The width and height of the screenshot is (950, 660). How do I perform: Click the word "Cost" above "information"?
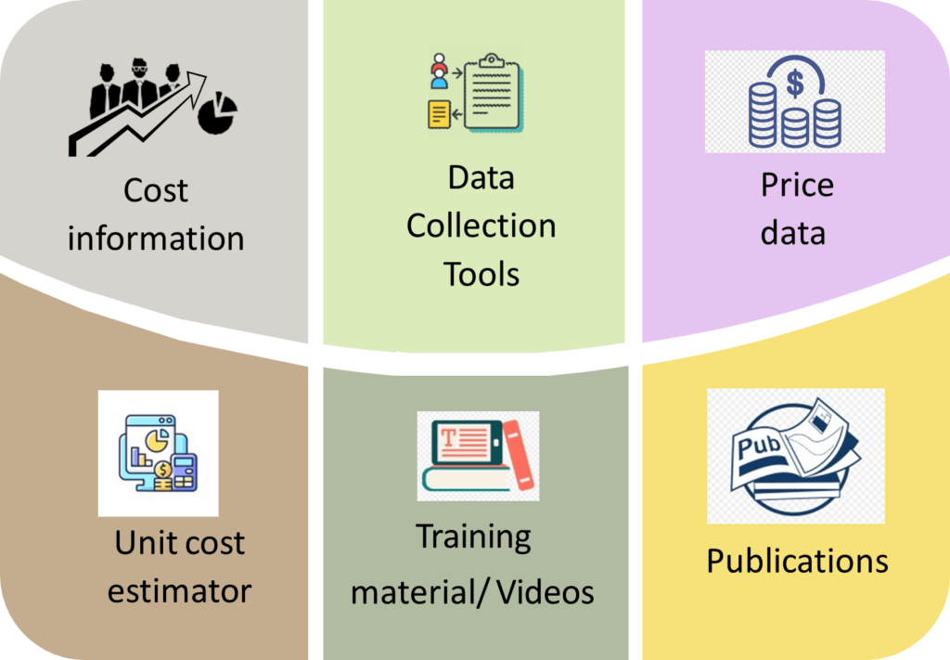click(x=156, y=190)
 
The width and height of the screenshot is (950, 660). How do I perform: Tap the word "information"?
click(x=156, y=239)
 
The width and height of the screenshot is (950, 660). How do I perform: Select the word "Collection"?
click(x=481, y=226)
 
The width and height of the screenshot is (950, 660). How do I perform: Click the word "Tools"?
click(x=481, y=274)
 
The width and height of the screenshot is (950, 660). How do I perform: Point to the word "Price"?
click(x=797, y=185)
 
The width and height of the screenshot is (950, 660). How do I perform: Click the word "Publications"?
click(x=797, y=562)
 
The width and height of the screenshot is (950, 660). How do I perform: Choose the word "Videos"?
click(x=546, y=592)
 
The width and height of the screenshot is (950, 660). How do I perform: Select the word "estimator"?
click(x=179, y=591)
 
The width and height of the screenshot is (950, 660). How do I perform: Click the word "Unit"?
click(x=141, y=542)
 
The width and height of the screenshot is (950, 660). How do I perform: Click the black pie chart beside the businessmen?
click(x=217, y=112)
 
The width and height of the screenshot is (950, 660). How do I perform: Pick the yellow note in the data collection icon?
click(x=439, y=114)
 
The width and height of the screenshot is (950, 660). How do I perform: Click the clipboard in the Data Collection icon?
click(x=493, y=92)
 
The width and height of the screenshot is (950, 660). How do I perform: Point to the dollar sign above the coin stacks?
click(x=795, y=84)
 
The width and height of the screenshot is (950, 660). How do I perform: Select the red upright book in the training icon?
click(x=519, y=455)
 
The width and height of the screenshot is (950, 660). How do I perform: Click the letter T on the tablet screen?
click(x=449, y=437)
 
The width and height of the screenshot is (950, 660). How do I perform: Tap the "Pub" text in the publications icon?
click(x=759, y=446)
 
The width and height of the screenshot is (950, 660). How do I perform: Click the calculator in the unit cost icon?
click(x=183, y=472)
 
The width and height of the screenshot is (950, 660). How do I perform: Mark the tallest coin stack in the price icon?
click(x=763, y=115)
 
